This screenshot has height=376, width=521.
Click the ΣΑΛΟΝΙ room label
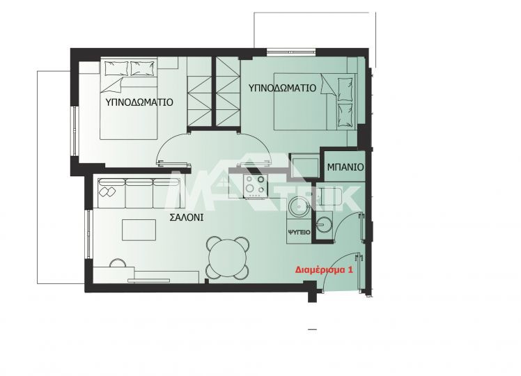(x=187, y=217)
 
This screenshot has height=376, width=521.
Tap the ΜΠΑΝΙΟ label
(x=345, y=167)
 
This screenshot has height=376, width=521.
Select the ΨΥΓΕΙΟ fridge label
(x=299, y=232)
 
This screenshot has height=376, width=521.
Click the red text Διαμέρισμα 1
(x=324, y=269)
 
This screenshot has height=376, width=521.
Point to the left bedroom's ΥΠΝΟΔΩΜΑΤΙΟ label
(x=139, y=102)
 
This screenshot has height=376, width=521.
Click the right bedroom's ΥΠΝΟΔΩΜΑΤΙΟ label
(x=282, y=88)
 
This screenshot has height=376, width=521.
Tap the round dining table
(x=228, y=258)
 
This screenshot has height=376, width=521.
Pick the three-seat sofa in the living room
(x=139, y=193)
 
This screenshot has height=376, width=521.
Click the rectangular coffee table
(x=139, y=230)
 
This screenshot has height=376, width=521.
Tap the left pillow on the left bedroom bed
(x=116, y=68)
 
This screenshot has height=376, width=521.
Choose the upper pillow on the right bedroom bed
(x=345, y=89)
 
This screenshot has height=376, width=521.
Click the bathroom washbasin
(x=324, y=224)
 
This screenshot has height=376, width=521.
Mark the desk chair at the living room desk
(x=118, y=263)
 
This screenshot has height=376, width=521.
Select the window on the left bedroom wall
(x=75, y=131)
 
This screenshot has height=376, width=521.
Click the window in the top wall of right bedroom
(x=290, y=51)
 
